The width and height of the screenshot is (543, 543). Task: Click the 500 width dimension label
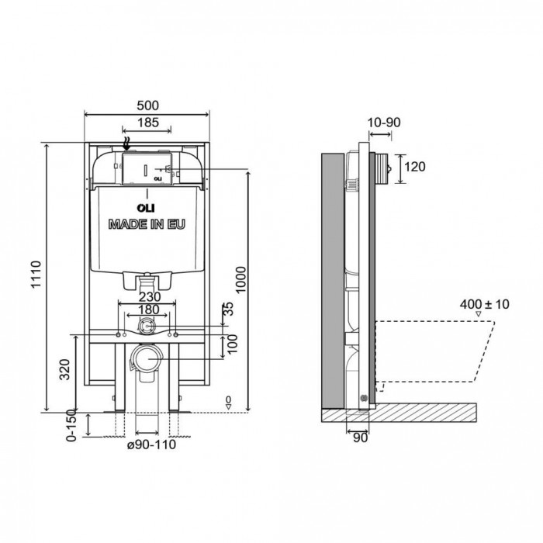[x=148, y=105]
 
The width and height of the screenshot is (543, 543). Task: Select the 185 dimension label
[x=148, y=123]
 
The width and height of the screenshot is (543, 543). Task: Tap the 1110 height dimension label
[x=36, y=275]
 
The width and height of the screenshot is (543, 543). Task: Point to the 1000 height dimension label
[x=240, y=280]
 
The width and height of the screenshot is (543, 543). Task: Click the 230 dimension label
[x=150, y=297]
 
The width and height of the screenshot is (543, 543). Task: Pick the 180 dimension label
[x=149, y=310]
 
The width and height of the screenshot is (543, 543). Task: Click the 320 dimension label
[x=64, y=369]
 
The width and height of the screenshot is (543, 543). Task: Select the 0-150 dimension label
[x=71, y=425]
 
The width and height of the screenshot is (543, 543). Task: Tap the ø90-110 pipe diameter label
[x=151, y=444]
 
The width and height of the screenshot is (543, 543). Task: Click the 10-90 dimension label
[x=384, y=123]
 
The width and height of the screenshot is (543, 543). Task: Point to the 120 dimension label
[x=415, y=167]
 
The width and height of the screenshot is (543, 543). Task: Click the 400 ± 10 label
[x=485, y=304]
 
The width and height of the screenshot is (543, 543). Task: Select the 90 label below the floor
[x=360, y=438]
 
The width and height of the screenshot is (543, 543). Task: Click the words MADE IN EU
[x=147, y=224]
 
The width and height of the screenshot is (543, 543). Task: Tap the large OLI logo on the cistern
[x=146, y=208]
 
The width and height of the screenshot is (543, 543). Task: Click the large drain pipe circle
[x=147, y=358]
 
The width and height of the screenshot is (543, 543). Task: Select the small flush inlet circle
[x=147, y=326]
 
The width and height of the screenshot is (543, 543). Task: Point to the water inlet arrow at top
[x=127, y=144]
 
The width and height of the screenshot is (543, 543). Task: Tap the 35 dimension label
[x=229, y=309]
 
